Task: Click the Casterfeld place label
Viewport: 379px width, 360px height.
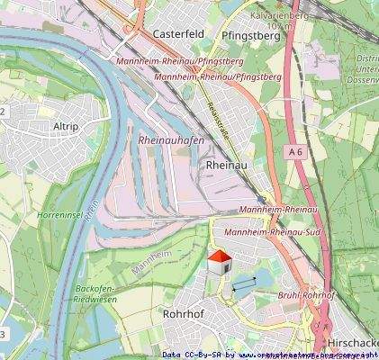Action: [179, 33]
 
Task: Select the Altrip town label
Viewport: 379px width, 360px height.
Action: [67, 127]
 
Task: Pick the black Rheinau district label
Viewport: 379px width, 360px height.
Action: [226, 166]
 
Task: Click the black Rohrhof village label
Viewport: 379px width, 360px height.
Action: [185, 314]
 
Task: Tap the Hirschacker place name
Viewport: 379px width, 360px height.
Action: [352, 343]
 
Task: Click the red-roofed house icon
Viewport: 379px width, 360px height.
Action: [219, 265]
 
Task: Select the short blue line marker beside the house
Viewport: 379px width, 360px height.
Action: [243, 284]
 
